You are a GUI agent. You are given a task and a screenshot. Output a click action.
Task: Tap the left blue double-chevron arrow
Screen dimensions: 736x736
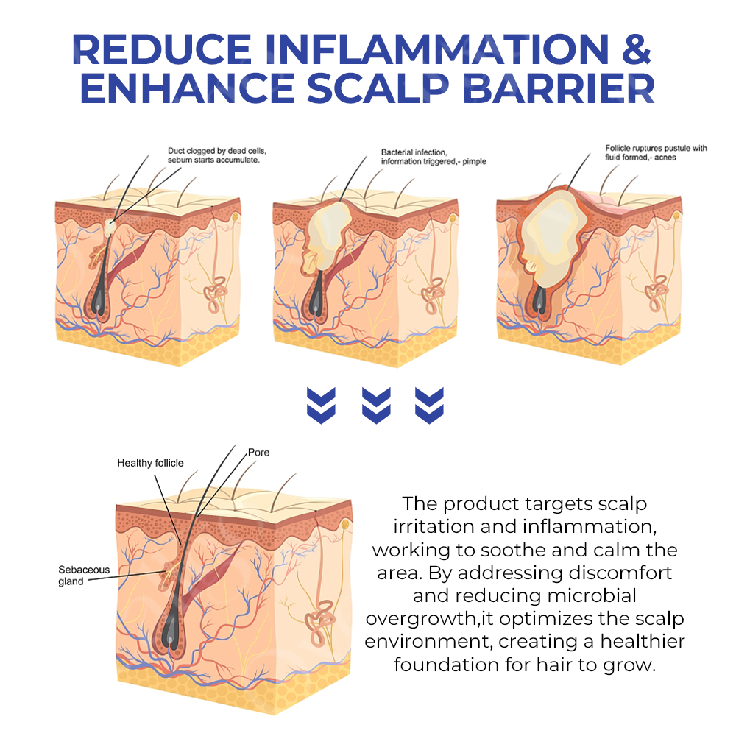pyautogui.click(x=321, y=404)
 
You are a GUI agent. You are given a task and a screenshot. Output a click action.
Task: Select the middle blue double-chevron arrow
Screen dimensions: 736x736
pyautogui.click(x=376, y=404)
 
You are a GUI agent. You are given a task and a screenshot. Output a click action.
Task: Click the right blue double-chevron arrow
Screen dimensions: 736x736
pyautogui.click(x=430, y=404)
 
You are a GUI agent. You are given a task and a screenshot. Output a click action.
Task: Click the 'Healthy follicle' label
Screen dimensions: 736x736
pyautogui.click(x=150, y=463)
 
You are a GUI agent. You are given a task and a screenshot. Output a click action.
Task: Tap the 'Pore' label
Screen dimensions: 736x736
pyautogui.click(x=258, y=452)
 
